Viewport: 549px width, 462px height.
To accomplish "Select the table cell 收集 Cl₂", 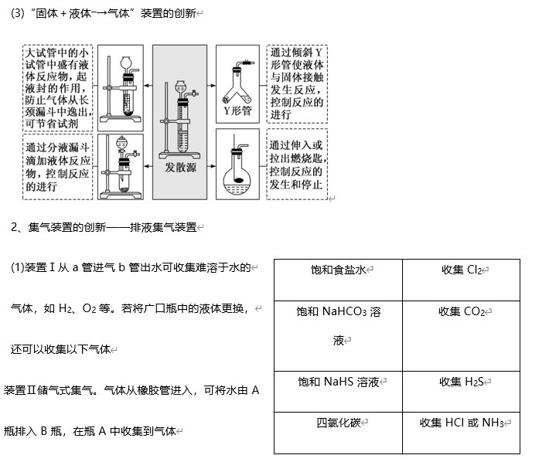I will pos(462,270).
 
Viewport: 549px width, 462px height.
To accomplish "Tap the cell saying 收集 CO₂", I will pos(462,311).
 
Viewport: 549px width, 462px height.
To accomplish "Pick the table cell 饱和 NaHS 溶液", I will pos(339,382).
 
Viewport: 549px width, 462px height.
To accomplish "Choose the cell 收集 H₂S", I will pos(462,382).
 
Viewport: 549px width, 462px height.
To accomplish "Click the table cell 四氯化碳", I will pos(339,423).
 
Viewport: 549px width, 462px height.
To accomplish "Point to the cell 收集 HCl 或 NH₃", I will pos(462,423).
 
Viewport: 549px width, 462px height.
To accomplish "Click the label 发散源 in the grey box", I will pos(180,167).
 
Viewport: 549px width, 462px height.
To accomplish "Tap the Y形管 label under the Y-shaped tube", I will pos(237,110).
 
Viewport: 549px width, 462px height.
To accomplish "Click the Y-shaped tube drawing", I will pos(238,81).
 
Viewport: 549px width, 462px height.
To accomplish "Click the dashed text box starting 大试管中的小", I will pos(57,87).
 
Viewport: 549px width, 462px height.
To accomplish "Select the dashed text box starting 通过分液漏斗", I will pos(57,166).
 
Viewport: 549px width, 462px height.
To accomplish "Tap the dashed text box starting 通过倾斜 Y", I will pos(297,83).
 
